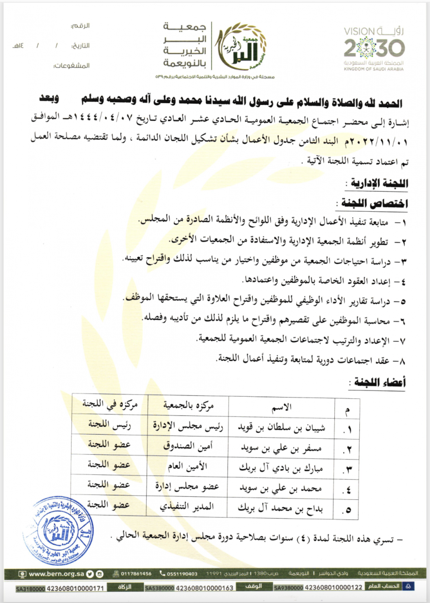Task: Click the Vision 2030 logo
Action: pyautogui.click(x=374, y=49)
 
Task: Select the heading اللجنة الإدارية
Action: pyautogui.click(x=379, y=183)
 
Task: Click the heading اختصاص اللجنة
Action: pyautogui.click(x=374, y=204)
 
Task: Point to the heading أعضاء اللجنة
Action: pyautogui.click(x=379, y=382)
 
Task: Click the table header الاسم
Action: pyautogui.click(x=282, y=407)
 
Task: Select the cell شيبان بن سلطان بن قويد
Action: pyautogui.click(x=282, y=427)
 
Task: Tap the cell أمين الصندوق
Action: pyautogui.click(x=188, y=446)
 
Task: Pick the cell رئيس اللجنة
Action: pyautogui.click(x=109, y=425)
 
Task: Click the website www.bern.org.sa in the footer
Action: pyautogui.click(x=56, y=574)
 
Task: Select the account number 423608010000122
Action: pyautogui.click(x=333, y=587)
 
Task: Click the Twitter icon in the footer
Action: pyautogui.click(x=90, y=574)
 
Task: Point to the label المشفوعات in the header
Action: pyautogui.click(x=72, y=66)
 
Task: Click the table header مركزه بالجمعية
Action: pyautogui.click(x=188, y=406)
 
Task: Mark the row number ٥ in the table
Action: pyautogui.click(x=348, y=509)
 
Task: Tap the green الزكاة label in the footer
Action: pyautogui.click(x=125, y=587)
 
